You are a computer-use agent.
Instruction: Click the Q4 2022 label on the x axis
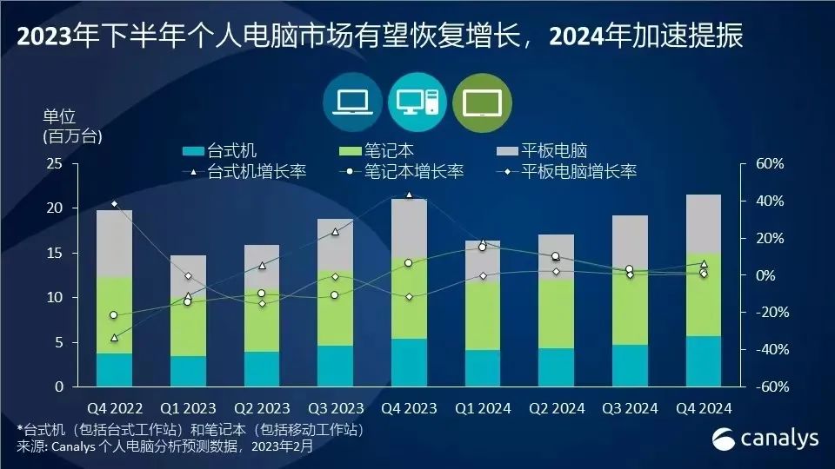coord(115,406)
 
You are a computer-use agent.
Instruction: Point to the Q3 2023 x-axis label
coord(334,406)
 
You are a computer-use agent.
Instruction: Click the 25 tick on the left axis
coord(55,163)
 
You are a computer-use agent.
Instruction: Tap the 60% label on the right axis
coord(770,163)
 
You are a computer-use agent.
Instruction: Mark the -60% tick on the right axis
coord(768,386)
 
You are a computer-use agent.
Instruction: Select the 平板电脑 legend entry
coord(554,151)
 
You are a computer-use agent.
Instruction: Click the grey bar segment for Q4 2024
coord(704,223)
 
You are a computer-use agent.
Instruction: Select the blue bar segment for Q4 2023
coord(408,362)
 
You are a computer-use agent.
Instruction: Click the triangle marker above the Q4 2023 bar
coord(409,195)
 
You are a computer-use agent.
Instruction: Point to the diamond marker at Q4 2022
coord(115,204)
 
